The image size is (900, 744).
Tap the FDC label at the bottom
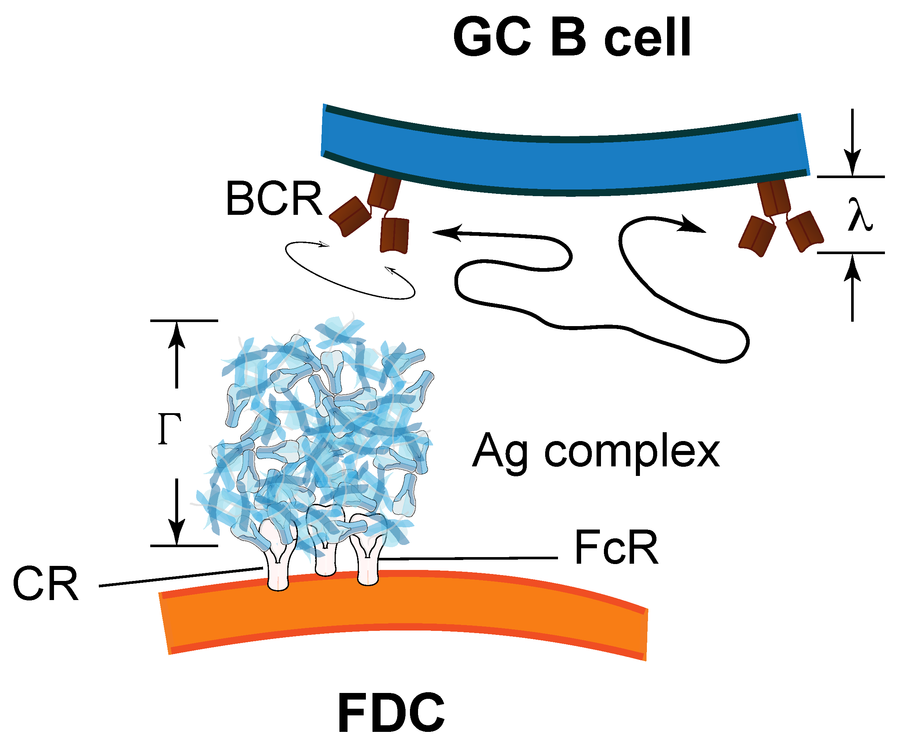point(391,713)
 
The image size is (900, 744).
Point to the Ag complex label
point(596,452)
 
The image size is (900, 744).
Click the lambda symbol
point(860,215)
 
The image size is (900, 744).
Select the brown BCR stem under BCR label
point(384,190)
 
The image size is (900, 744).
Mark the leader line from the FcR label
point(471,559)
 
